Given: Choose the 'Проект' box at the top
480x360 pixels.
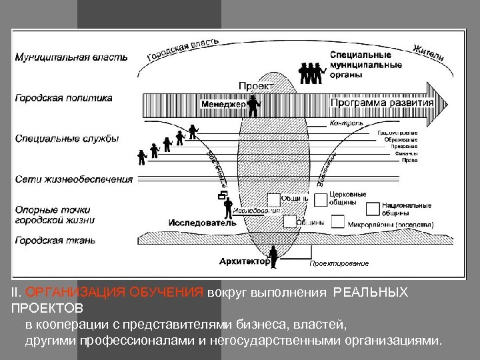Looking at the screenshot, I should [x=254, y=85].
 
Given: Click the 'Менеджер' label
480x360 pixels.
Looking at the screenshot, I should [x=223, y=104].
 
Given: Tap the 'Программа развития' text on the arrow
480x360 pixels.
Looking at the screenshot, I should [x=383, y=103].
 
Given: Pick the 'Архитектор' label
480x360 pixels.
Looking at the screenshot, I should [x=244, y=261].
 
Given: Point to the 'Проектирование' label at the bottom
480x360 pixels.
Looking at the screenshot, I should [x=338, y=264].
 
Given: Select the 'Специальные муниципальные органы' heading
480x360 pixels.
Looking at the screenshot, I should [x=365, y=65].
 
